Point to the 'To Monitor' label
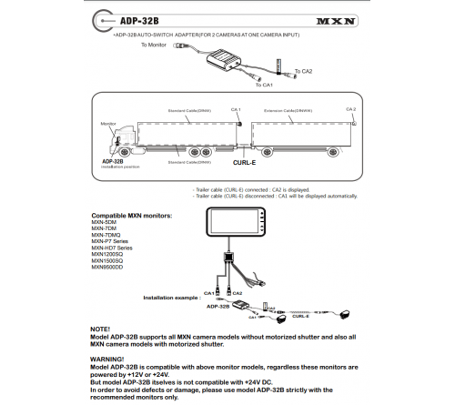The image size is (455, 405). [156, 43]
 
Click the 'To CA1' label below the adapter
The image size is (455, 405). [264, 85]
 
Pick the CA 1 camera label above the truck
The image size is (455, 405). [235, 108]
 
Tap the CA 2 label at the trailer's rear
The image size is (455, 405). [350, 108]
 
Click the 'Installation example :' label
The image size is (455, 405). [173, 297]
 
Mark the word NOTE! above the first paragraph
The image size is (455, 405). [101, 328]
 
